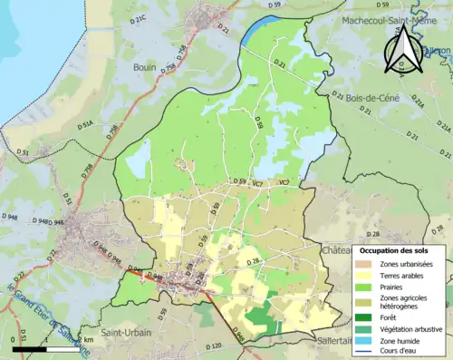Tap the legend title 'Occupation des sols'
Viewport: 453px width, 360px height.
point(395,250)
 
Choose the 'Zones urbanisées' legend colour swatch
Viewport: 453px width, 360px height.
point(364,263)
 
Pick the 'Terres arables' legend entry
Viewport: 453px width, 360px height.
point(404,274)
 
